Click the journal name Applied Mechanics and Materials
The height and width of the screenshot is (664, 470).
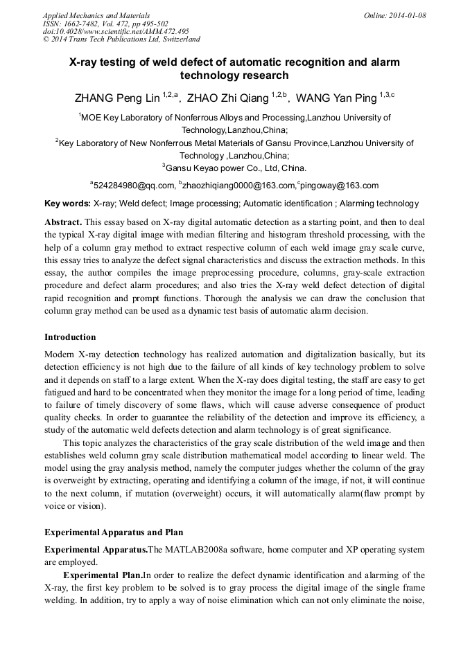point(96,15)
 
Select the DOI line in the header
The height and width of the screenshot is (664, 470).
point(116,31)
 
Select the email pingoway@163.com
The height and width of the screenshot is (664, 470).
point(340,186)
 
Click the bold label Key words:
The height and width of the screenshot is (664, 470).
point(67,204)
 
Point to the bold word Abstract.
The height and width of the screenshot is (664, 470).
point(64,222)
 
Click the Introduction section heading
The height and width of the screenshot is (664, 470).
point(70,337)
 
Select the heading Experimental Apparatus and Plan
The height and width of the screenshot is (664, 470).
point(114,532)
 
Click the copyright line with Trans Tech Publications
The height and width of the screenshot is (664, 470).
point(121,39)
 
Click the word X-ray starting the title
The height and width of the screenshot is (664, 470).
point(85,62)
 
